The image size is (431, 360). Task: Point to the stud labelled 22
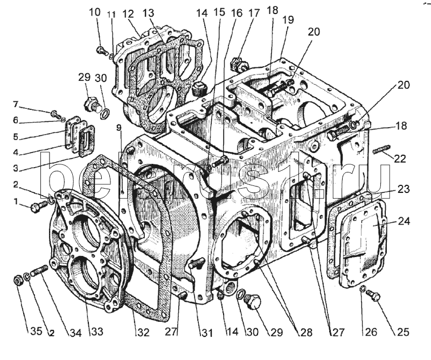click(380, 149)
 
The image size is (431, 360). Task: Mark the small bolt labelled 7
click(55, 114)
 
